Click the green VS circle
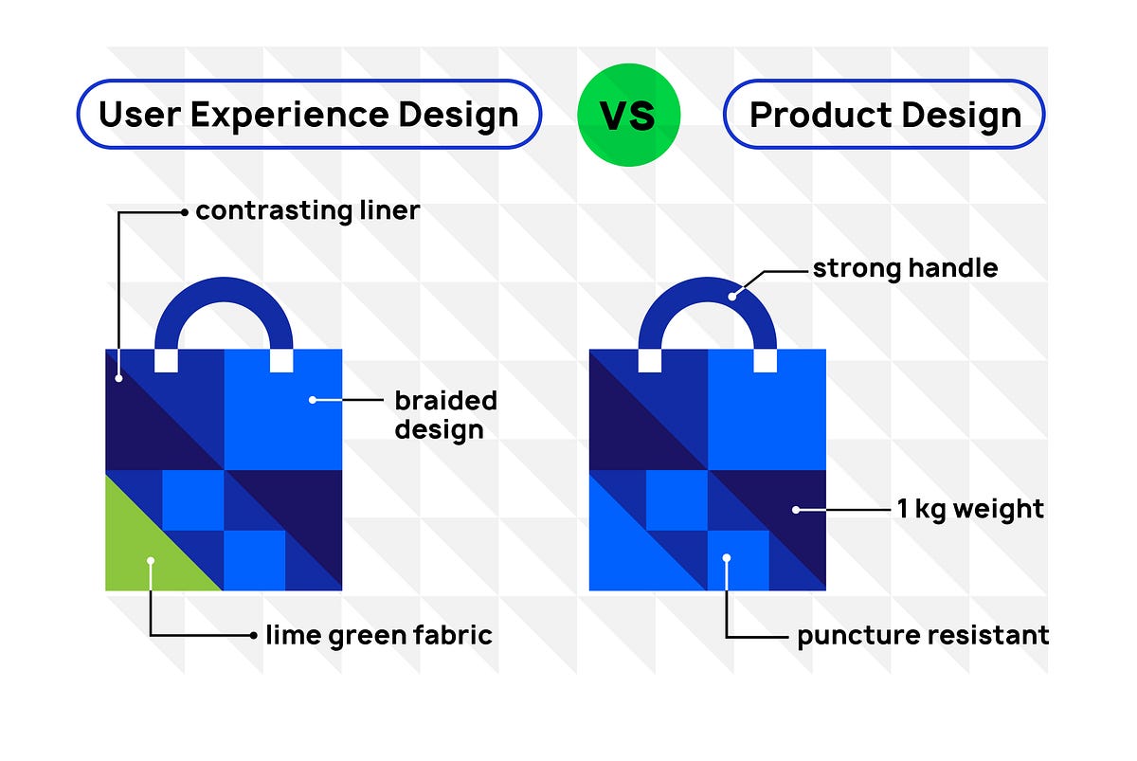(628, 116)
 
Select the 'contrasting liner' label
(307, 210)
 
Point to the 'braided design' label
(445, 414)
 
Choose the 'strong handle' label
(905, 268)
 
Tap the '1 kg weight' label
(969, 509)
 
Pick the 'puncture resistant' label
(922, 634)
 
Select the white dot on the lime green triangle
(150, 561)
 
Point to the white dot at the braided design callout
(313, 400)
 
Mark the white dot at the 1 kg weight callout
(796, 509)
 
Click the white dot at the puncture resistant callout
(727, 558)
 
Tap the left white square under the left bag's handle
(166, 360)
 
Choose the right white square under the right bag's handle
(766, 360)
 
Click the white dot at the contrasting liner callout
(118, 378)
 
